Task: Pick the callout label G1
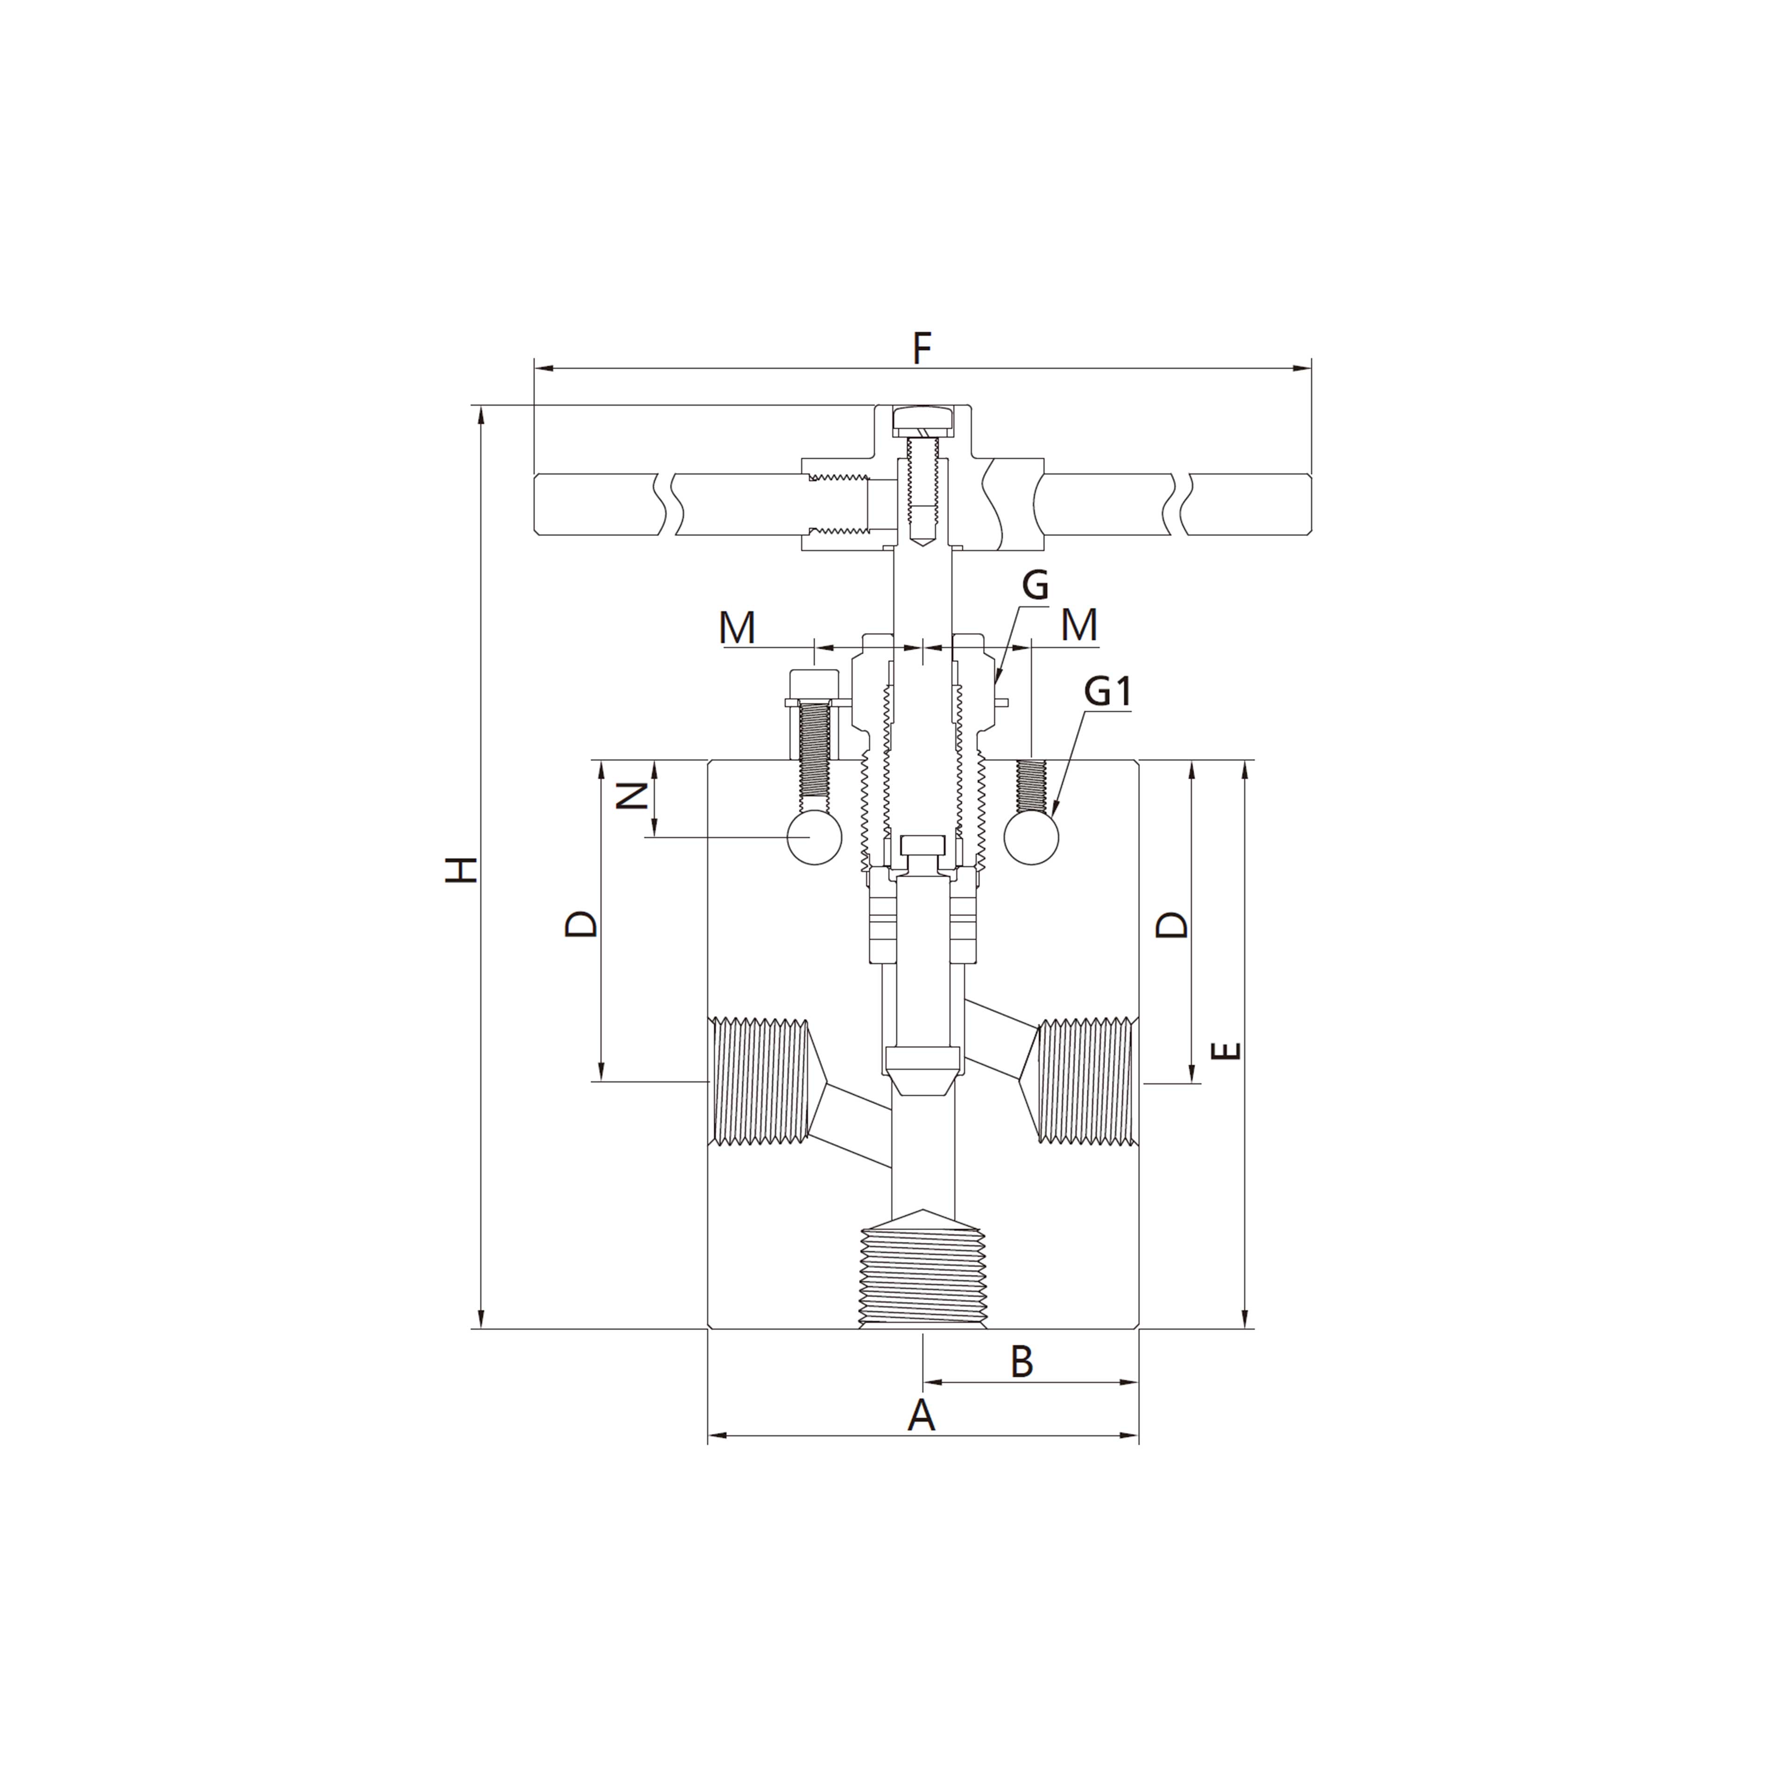pos(1107,691)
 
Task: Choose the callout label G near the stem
pos(1035,585)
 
